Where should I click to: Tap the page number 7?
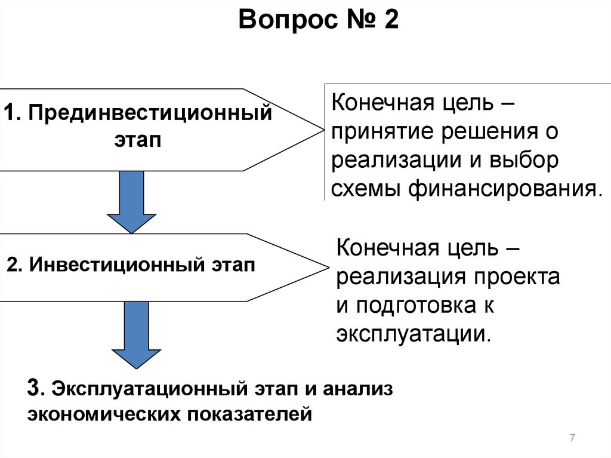(572, 439)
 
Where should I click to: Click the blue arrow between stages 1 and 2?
(131, 201)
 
